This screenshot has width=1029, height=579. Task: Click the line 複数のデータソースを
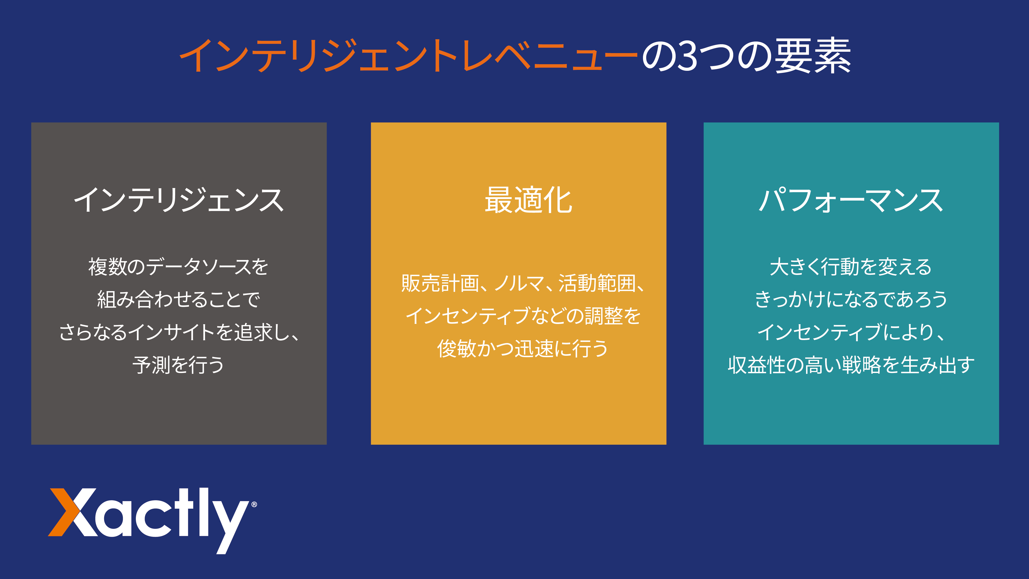pos(178,267)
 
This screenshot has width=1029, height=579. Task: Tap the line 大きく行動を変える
pos(851,267)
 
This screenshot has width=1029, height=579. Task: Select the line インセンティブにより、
pos(851,332)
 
